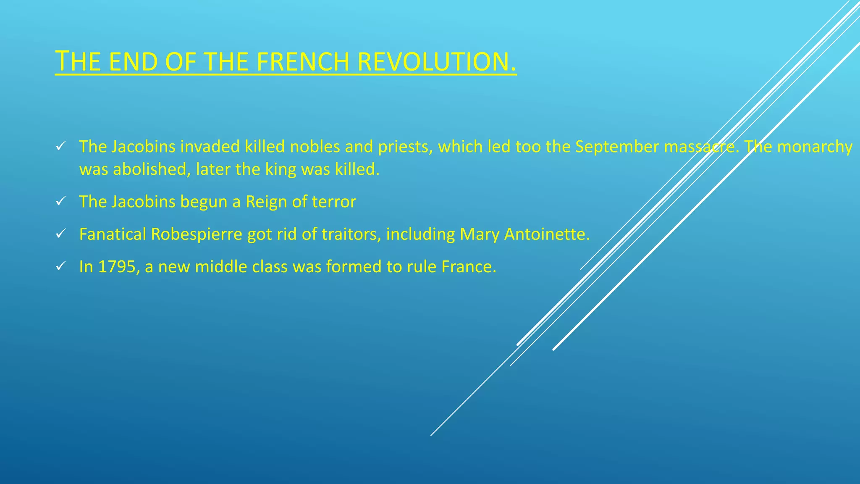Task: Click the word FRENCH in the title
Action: pos(302,62)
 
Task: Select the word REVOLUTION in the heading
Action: pos(437,62)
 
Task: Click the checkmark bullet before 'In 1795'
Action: pos(60,266)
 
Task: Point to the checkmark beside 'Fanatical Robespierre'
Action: pos(60,234)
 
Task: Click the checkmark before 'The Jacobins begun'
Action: pos(60,202)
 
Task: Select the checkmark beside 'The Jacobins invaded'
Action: pos(60,147)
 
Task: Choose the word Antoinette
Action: pos(546,234)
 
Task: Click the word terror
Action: pos(334,202)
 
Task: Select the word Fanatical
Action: pos(112,234)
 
